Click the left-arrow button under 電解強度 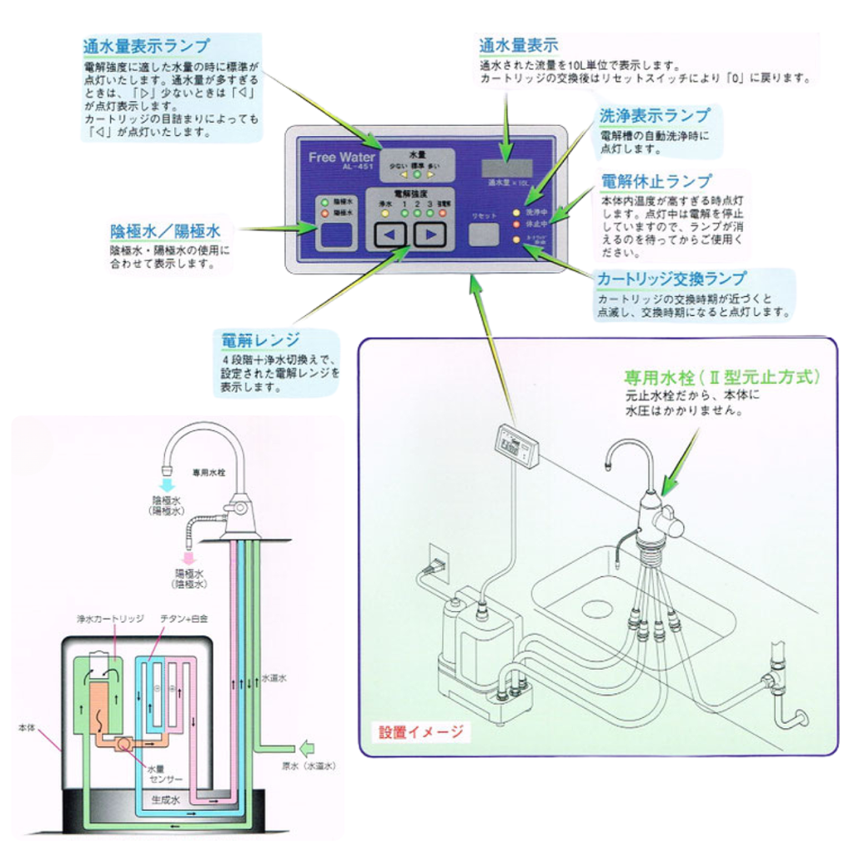pyautogui.click(x=388, y=235)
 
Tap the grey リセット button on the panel pyautogui.click(x=485, y=234)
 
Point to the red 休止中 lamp pyautogui.click(x=516, y=224)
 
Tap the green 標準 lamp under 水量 pyautogui.click(x=417, y=175)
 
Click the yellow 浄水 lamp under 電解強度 pyautogui.click(x=385, y=213)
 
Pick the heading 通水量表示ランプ pyautogui.click(x=146, y=46)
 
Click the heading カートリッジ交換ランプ pyautogui.click(x=671, y=279)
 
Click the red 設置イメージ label pyautogui.click(x=421, y=732)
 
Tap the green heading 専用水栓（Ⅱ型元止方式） pyautogui.click(x=722, y=377)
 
